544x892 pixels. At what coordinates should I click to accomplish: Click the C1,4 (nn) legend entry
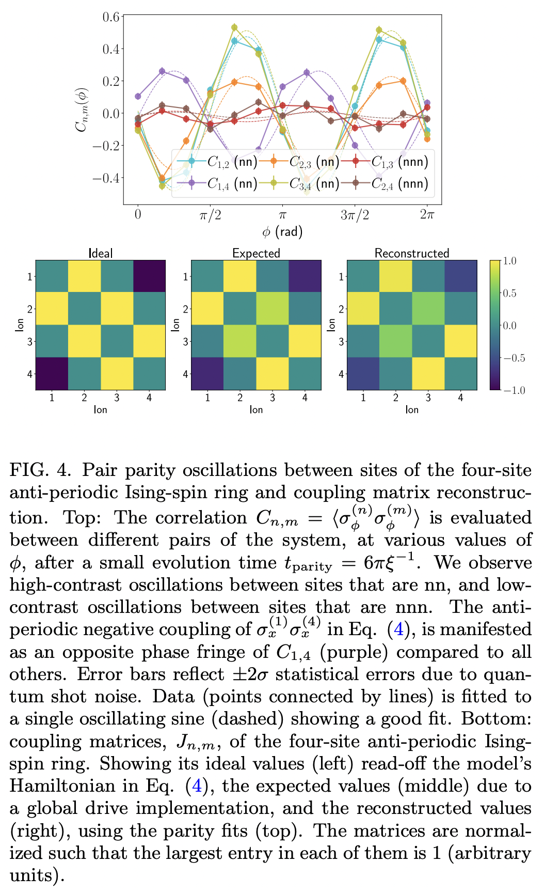click(217, 183)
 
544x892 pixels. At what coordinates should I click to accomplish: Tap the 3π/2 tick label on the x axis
click(355, 215)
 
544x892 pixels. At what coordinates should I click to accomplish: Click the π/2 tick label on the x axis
click(210, 215)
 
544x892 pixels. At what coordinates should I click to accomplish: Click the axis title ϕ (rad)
click(282, 232)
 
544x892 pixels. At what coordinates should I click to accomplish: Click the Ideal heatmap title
click(101, 253)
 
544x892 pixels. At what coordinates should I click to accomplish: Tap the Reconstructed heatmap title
click(411, 253)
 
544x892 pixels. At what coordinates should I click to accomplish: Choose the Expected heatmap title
click(256, 253)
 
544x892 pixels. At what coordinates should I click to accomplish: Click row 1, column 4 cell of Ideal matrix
click(149, 276)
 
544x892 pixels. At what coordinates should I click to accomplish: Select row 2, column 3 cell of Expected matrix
click(273, 309)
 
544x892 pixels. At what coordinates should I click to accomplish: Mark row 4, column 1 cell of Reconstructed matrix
click(363, 374)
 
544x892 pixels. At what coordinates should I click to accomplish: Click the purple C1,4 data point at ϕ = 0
click(138, 96)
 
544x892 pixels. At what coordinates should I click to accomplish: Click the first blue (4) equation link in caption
click(399, 629)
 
